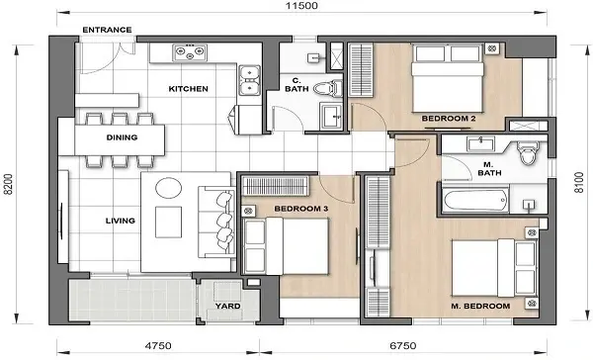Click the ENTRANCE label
[107, 30]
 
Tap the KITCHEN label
[188, 89]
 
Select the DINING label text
[121, 138]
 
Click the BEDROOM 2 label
[450, 119]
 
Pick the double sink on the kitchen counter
[249, 72]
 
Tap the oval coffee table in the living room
[167, 188]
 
